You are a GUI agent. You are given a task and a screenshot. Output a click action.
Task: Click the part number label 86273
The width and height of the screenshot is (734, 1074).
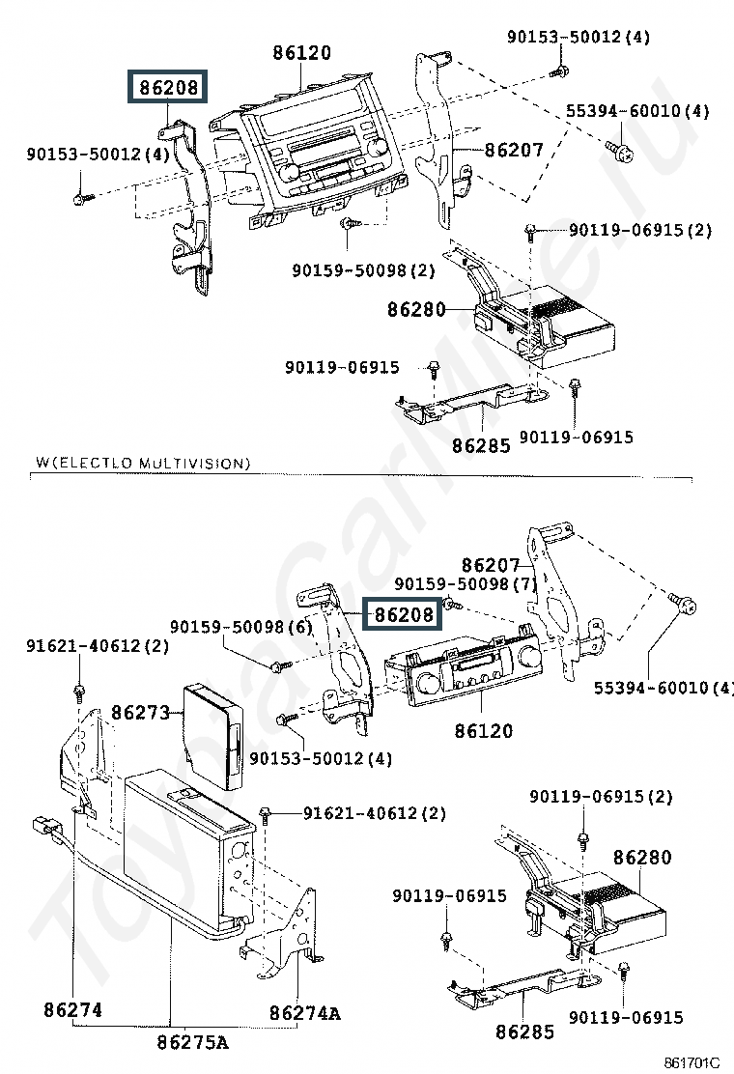click(x=140, y=713)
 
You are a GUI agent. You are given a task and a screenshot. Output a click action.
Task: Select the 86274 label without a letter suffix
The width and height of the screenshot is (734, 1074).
click(x=72, y=1010)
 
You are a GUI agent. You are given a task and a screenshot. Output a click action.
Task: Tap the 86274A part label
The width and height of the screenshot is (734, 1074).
click(x=304, y=1012)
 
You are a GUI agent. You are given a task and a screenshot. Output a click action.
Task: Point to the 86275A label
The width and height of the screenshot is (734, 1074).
click(x=192, y=1042)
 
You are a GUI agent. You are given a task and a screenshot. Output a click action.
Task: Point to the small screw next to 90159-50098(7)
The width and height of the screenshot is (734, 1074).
click(x=451, y=605)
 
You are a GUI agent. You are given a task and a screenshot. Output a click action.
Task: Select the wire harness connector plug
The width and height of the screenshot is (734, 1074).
click(x=45, y=828)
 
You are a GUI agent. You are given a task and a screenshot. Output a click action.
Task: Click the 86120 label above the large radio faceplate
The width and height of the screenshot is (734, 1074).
click(x=301, y=52)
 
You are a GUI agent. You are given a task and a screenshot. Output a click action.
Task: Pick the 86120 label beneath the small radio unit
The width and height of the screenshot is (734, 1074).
click(x=484, y=731)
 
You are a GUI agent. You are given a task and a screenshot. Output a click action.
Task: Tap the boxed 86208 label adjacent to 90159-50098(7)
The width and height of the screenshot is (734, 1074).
click(x=403, y=613)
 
